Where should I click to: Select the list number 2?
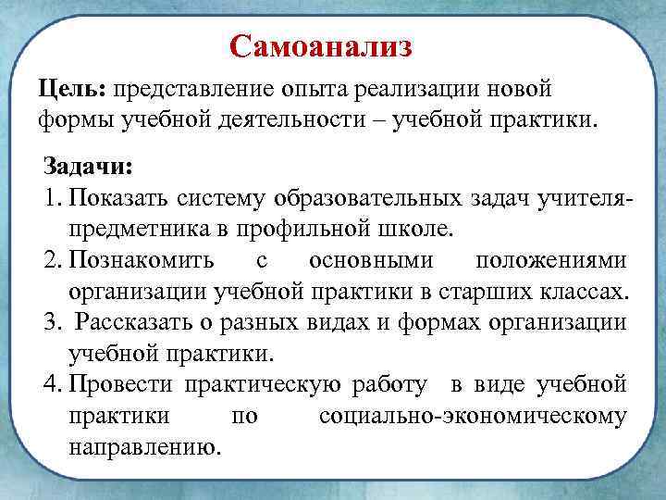pos(50,260)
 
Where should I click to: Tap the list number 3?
pos(50,322)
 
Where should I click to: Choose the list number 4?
pos(50,384)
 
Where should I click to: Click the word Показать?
pos(120,198)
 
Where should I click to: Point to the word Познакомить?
pos(141,260)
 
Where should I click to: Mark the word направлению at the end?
pos(144,446)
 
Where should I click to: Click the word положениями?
pos(549,260)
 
